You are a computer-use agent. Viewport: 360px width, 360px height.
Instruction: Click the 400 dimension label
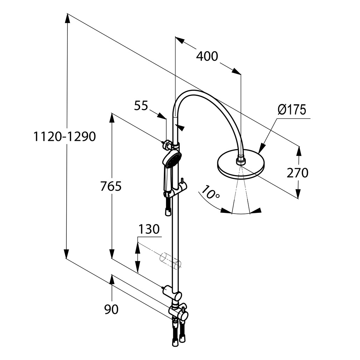(207, 56)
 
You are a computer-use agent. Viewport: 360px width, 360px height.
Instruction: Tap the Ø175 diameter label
(292, 110)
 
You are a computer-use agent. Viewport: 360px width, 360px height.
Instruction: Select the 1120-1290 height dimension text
(64, 136)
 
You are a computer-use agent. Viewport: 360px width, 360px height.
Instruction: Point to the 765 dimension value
(111, 186)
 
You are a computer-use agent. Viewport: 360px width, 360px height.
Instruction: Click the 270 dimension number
(297, 173)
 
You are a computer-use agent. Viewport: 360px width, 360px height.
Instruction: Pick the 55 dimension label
(141, 106)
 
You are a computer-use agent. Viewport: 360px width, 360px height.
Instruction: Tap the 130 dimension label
(149, 230)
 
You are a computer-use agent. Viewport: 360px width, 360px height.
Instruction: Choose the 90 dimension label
(111, 309)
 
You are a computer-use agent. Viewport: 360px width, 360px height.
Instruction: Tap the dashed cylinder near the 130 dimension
(170, 261)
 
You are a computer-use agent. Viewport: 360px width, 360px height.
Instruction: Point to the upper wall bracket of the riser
(168, 143)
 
